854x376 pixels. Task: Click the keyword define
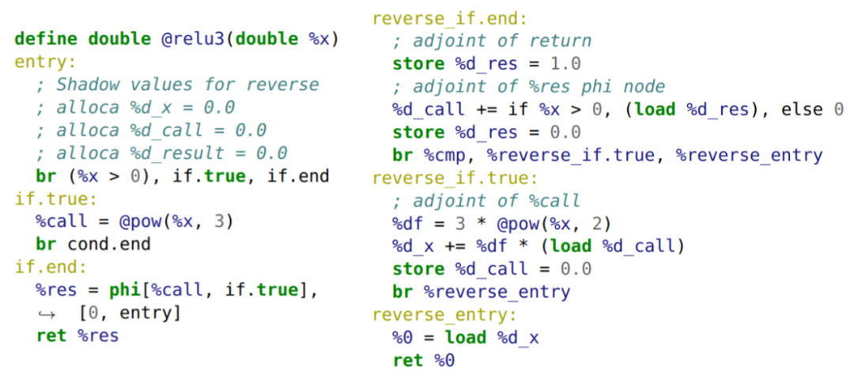point(47,39)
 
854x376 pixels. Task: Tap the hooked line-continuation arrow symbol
point(45,314)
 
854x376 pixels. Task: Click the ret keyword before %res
point(51,336)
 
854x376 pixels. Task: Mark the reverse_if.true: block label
point(455,178)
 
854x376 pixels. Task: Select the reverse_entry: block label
point(444,315)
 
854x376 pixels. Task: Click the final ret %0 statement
point(423,360)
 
